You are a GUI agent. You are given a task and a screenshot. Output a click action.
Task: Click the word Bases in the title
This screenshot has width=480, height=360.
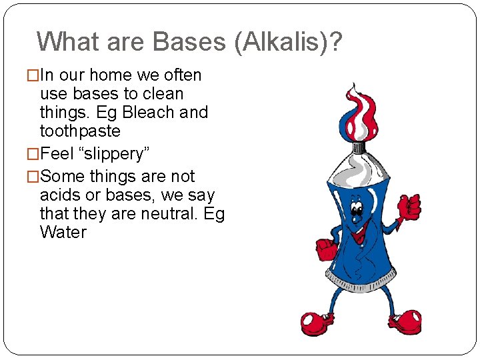click(189, 41)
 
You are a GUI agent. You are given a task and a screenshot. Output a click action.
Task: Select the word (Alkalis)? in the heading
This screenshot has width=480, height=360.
click(287, 42)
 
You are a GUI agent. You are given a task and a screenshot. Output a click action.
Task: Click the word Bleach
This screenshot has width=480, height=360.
click(149, 113)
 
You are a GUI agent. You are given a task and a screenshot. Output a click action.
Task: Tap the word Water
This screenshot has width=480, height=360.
click(63, 233)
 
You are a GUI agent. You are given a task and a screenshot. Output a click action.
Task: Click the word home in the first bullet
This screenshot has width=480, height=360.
click(111, 75)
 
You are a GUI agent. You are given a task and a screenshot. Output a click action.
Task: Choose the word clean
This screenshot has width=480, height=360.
click(162, 94)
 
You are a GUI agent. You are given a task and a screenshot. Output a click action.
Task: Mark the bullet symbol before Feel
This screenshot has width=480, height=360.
click(33, 154)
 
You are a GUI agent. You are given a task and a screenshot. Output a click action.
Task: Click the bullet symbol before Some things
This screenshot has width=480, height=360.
click(33, 177)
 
